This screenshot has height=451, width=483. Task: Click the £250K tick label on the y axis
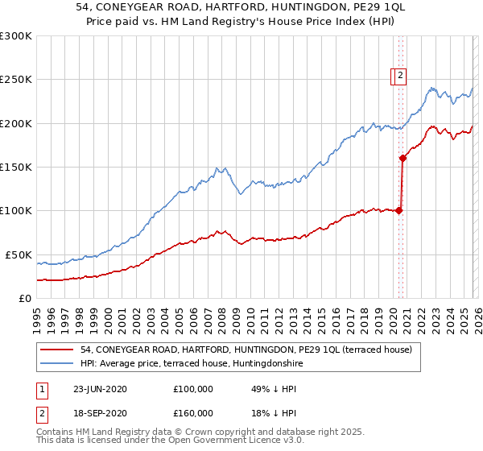(x=16, y=80)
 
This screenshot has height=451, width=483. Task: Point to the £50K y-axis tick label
(x=19, y=254)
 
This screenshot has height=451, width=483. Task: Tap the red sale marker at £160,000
(x=402, y=158)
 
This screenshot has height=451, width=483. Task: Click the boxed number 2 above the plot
(x=400, y=77)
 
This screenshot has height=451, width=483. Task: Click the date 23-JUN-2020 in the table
(x=100, y=389)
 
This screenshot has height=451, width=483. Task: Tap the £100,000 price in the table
(x=193, y=389)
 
